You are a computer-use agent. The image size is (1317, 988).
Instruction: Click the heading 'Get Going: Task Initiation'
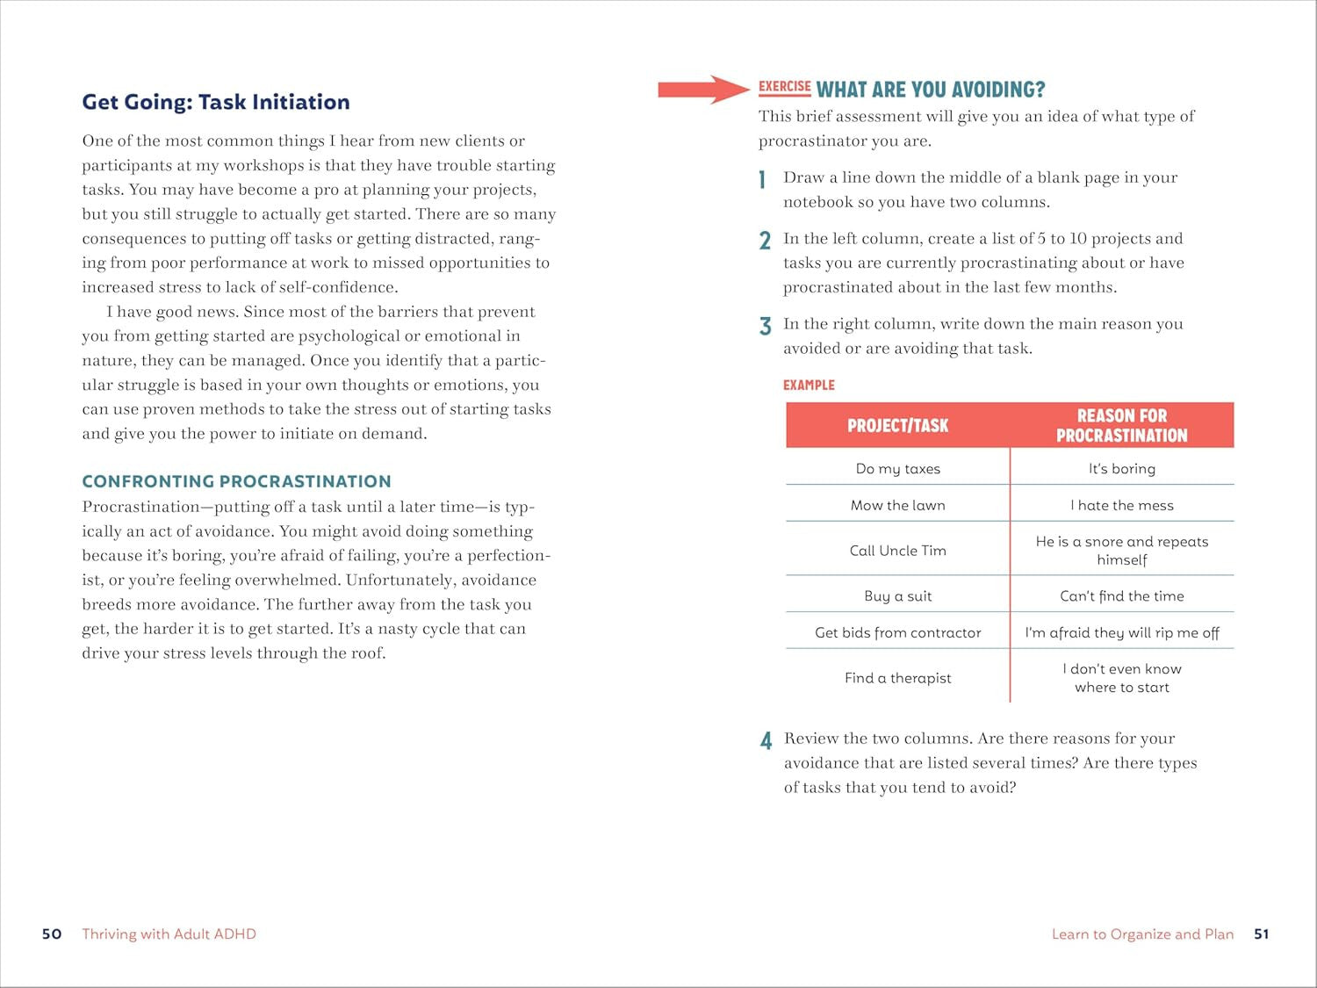(x=216, y=102)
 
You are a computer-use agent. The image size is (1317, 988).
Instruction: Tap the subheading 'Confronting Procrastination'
(x=236, y=481)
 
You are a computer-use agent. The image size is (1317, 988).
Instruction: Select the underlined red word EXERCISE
(x=784, y=87)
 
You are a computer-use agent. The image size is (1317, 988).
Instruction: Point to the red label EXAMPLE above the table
(x=809, y=385)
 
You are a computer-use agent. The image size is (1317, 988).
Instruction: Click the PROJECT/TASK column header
(x=897, y=426)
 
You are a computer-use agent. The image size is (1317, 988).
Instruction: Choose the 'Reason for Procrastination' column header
(x=1121, y=425)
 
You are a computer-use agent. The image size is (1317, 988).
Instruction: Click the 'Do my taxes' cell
(x=897, y=469)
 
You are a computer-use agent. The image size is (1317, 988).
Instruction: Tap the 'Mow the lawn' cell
(x=897, y=505)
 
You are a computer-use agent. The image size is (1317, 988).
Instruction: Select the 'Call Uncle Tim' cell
(x=897, y=551)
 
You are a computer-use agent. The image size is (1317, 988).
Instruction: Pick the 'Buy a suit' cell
(x=897, y=595)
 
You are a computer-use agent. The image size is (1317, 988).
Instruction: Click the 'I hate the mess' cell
(x=1121, y=505)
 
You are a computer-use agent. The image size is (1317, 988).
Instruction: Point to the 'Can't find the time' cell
(x=1121, y=595)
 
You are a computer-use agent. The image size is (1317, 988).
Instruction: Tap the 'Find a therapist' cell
(x=897, y=678)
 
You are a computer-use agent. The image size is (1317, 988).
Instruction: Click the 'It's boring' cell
(x=1121, y=469)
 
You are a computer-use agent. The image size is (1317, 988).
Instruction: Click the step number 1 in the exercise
(x=763, y=180)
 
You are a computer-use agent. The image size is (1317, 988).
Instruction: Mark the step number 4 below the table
(x=766, y=741)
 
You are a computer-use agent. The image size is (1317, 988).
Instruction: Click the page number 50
(x=52, y=934)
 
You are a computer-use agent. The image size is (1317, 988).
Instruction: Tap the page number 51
(x=1261, y=934)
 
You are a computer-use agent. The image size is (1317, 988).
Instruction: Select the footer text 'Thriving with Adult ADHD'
(x=169, y=934)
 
